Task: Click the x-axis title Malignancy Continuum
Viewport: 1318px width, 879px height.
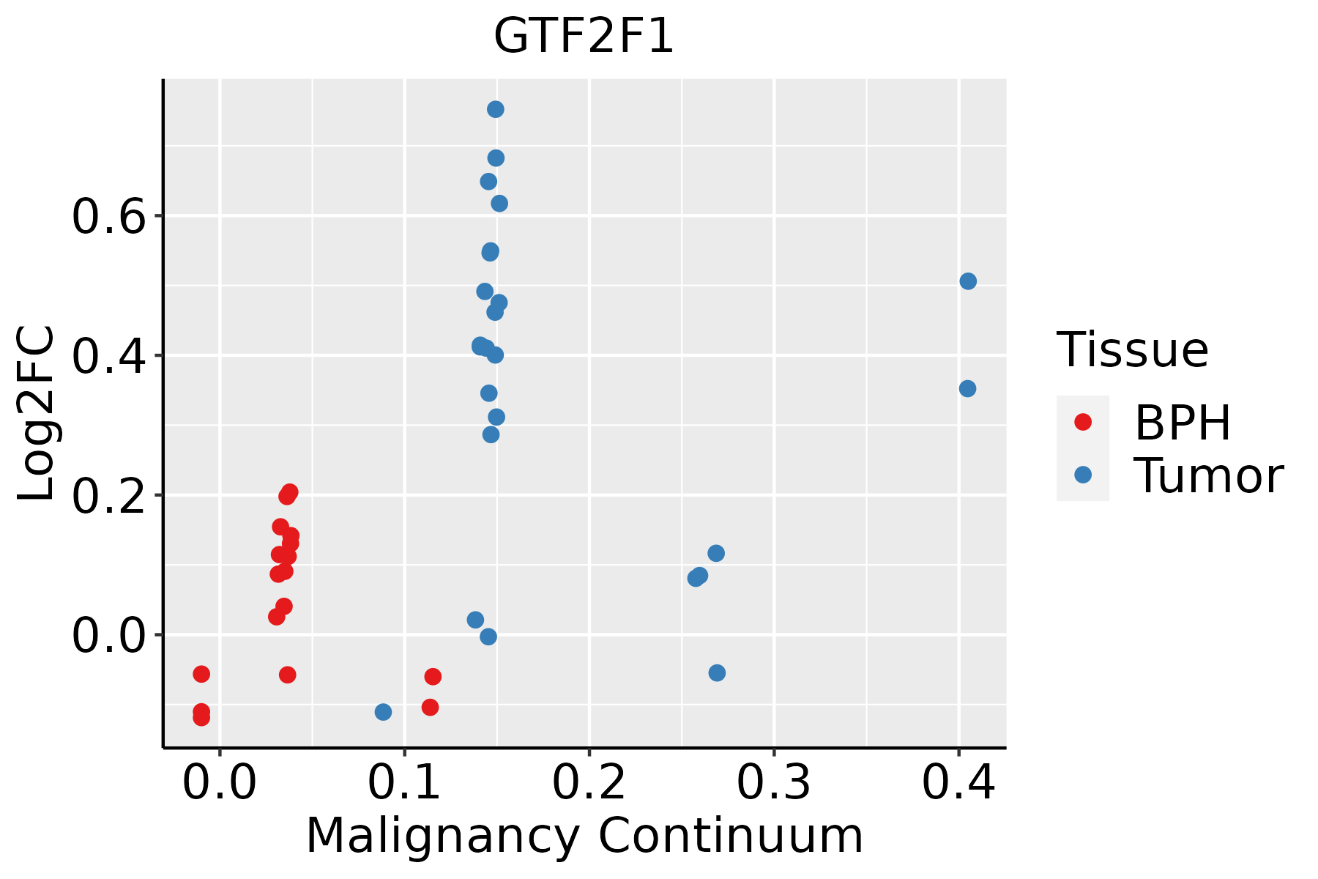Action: (x=584, y=836)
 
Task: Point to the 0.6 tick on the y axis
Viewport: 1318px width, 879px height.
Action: (x=108, y=217)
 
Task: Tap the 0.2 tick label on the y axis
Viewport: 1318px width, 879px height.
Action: (x=108, y=496)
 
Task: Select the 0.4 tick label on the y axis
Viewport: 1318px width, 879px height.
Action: (x=108, y=357)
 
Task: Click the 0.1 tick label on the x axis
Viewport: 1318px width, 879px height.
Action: (x=404, y=782)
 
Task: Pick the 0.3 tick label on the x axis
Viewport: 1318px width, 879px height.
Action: (x=773, y=782)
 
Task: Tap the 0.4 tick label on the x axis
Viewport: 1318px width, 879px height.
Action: (x=958, y=782)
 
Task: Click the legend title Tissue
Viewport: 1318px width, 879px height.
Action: (x=1132, y=350)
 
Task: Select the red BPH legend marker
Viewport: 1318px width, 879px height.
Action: (x=1082, y=422)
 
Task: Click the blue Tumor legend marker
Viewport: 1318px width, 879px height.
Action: (x=1082, y=475)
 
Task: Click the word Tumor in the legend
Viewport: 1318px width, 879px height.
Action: (x=1208, y=476)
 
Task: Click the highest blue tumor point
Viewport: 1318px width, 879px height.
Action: (x=496, y=109)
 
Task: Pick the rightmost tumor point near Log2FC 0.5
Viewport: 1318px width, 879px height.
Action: (x=968, y=281)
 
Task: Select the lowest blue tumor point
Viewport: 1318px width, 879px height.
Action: (x=383, y=712)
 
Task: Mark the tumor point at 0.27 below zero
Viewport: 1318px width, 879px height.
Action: (x=717, y=672)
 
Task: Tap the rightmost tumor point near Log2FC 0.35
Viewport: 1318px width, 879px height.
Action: (x=967, y=388)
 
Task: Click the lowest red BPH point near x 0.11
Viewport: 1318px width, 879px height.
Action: (x=430, y=707)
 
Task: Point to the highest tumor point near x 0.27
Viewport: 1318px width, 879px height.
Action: (x=716, y=553)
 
